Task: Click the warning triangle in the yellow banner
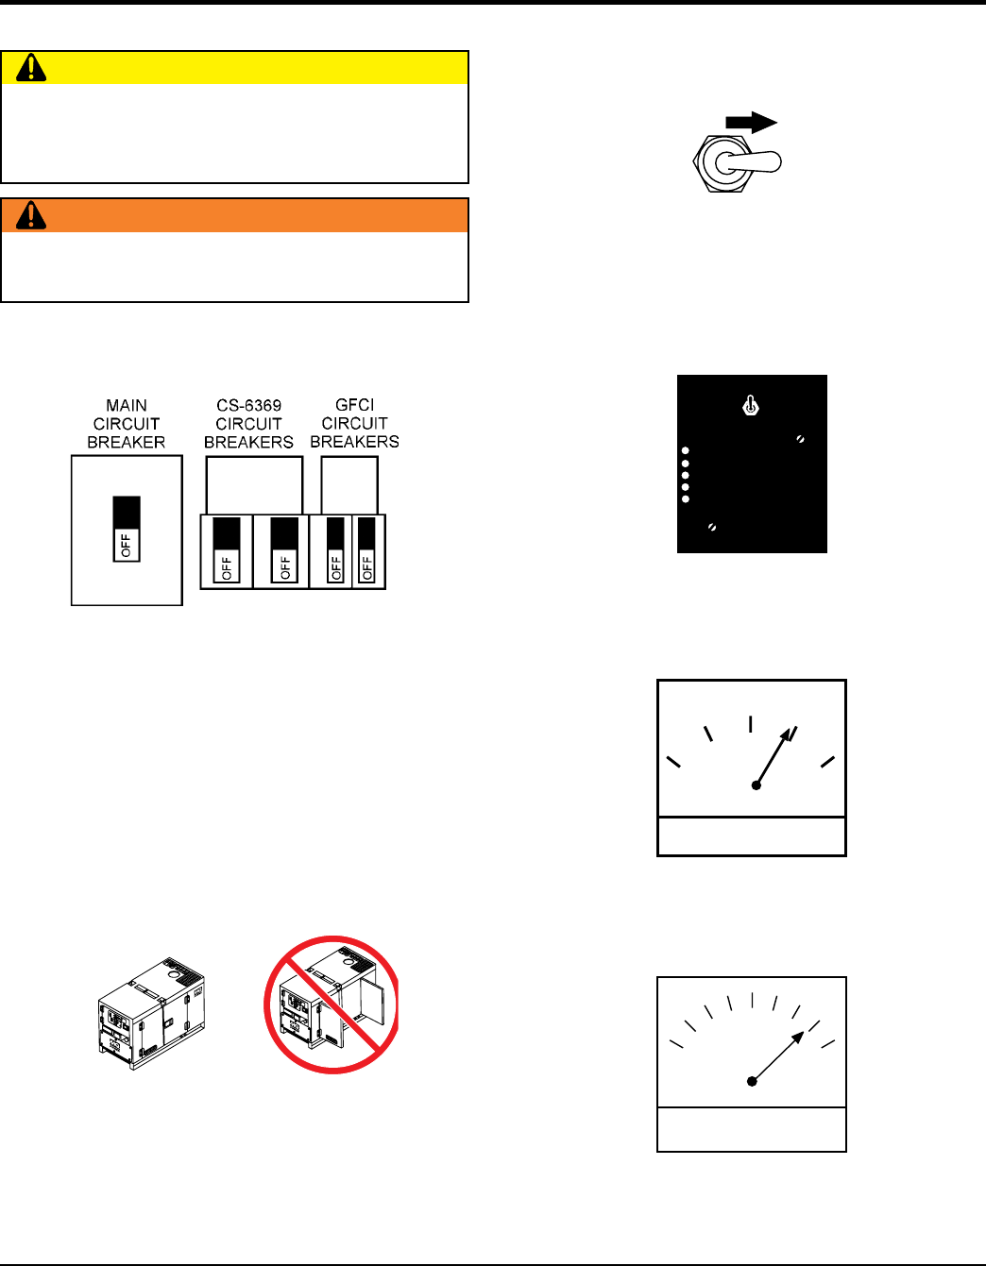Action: tap(31, 67)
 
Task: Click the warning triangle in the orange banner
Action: tap(31, 215)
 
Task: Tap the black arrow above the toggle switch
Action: tap(751, 123)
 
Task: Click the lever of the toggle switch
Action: tap(752, 162)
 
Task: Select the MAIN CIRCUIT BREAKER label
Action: tap(127, 424)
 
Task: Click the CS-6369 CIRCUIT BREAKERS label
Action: tap(248, 424)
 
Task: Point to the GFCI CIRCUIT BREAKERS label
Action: tap(354, 423)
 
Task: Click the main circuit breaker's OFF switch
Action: tap(127, 529)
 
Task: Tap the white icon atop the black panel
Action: tap(751, 406)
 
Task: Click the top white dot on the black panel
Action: tap(686, 451)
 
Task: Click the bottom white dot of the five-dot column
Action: tap(686, 499)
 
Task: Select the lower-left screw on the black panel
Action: tap(711, 527)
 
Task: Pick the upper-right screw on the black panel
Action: tap(801, 439)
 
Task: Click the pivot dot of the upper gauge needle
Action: tap(756, 785)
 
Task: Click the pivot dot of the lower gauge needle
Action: tap(752, 1081)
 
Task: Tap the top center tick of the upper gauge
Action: tap(751, 723)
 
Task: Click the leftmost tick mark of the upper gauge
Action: tap(673, 762)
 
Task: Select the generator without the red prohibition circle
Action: tap(151, 1013)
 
